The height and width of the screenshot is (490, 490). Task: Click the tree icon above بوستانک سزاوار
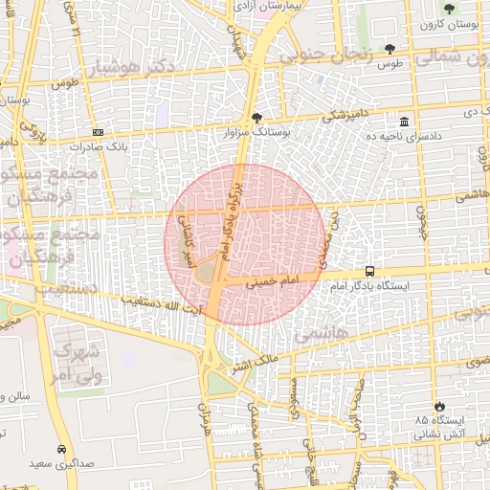pos(256,119)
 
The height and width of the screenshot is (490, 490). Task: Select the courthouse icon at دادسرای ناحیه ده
pos(405,123)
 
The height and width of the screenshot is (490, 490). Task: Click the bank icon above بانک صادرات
pos(98,132)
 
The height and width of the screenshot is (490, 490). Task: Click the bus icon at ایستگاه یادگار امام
pos(369,271)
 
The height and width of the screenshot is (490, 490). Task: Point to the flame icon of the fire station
pos(439,406)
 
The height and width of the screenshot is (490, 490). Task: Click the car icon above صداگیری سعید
pos(61,449)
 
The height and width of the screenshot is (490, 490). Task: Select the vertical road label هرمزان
pos(204,421)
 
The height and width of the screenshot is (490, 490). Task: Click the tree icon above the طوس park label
pos(390,48)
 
